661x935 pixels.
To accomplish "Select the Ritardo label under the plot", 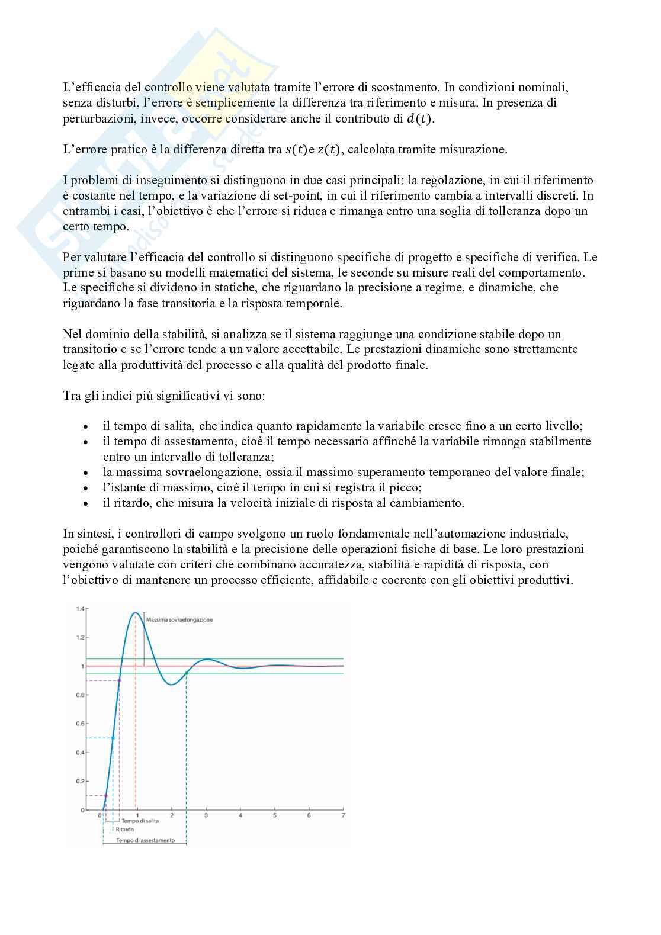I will click(x=124, y=830).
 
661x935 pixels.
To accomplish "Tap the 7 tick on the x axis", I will click(x=343, y=815).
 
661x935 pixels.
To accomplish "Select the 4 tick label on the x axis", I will click(x=240, y=815).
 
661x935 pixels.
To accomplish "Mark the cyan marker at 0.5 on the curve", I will click(x=113, y=738).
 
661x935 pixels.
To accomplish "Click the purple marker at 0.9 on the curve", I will click(x=120, y=680).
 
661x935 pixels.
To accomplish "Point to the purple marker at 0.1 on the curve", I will click(x=106, y=795).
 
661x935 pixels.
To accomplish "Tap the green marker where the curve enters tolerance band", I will click(x=186, y=673).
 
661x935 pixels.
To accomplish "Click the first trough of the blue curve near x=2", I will click(x=171, y=685).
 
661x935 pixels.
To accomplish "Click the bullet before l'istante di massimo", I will click(x=87, y=488).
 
